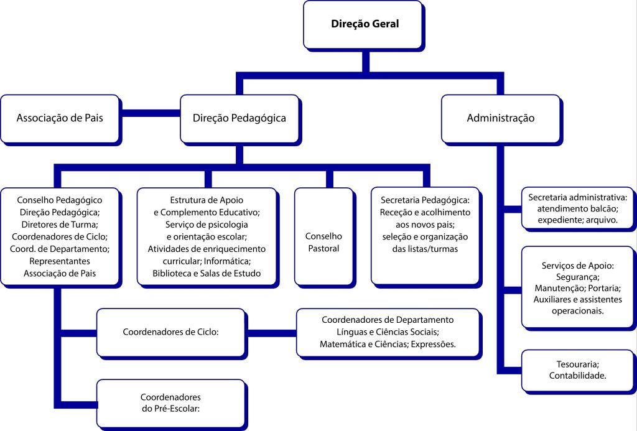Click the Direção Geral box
[363, 25]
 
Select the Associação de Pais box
[59, 118]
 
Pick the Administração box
[500, 118]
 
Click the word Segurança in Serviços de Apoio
[578, 277]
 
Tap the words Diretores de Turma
[60, 224]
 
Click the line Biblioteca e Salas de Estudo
[207, 272]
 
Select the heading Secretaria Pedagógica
[425, 200]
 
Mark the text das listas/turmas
[425, 249]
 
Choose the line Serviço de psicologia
[207, 224]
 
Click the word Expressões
[433, 344]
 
